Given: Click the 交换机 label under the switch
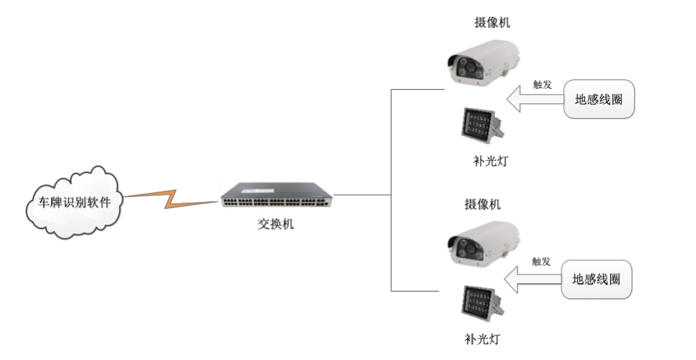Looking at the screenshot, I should [x=276, y=224].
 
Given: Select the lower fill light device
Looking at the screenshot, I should [x=481, y=303].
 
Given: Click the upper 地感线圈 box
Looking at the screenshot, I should [x=599, y=100].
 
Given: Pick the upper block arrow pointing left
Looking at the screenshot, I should [x=535, y=101].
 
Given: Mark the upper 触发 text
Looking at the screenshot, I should [x=542, y=84].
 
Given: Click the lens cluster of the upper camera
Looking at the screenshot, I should [x=464, y=68].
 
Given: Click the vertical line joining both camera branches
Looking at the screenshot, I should [x=391, y=191].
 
